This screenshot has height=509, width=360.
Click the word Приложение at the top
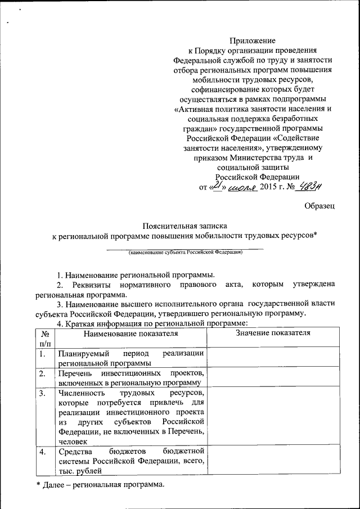coord(253,40)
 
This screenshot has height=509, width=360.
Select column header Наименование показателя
coord(130,334)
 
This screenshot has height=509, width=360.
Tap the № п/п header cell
coord(45,338)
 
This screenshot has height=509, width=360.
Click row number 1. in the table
coord(43,354)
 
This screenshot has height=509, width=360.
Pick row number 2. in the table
coord(43,374)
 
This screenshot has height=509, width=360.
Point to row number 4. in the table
coord(43,452)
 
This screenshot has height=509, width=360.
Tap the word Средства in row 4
coord(73,452)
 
